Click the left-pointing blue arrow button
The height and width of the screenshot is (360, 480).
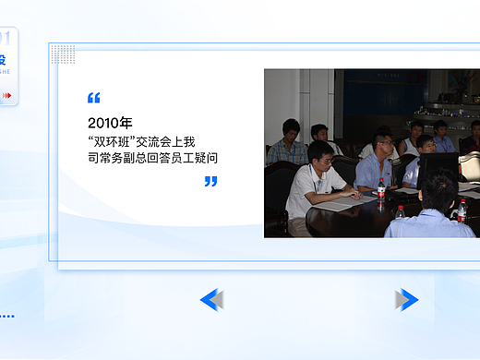pos(211,299)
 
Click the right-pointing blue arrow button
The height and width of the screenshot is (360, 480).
pos(407,299)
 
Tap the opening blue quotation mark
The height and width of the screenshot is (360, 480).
pos(93,98)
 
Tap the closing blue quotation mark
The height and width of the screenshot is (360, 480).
pos(210,182)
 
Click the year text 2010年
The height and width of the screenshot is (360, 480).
pos(110,122)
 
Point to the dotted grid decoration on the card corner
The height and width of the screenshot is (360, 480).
pos(63,54)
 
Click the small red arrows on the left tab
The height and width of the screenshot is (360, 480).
pos(7,94)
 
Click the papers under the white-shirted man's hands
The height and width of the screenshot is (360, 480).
pos(343,202)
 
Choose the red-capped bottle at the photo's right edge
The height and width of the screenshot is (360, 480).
pos(462,211)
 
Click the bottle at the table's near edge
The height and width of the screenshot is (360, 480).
pos(400,212)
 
